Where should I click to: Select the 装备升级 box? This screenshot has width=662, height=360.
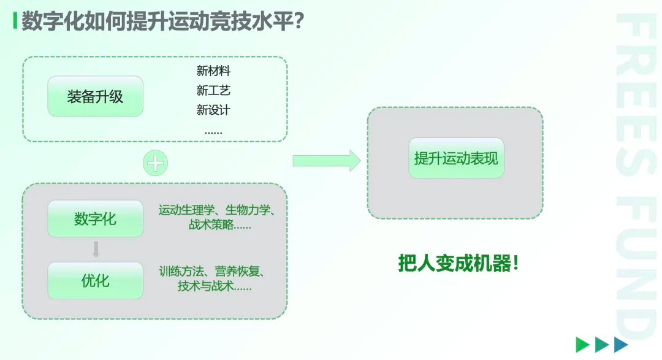95,96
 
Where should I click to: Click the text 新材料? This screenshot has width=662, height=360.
213,71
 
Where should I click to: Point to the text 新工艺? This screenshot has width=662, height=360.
213,91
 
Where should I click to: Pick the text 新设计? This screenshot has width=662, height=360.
213,110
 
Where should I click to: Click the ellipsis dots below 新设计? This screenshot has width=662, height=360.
213,131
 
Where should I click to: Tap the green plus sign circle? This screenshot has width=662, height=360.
155,163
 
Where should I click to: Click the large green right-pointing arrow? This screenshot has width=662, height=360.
326,161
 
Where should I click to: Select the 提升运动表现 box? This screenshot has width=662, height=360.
456,158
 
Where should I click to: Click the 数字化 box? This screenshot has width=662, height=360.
95,219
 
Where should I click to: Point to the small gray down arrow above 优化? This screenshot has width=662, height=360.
96,250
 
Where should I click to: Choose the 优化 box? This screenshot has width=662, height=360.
95,281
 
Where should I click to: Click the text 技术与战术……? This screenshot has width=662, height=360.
215,286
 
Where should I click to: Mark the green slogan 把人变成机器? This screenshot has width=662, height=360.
458,264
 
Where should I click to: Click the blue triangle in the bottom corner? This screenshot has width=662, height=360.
622,345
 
